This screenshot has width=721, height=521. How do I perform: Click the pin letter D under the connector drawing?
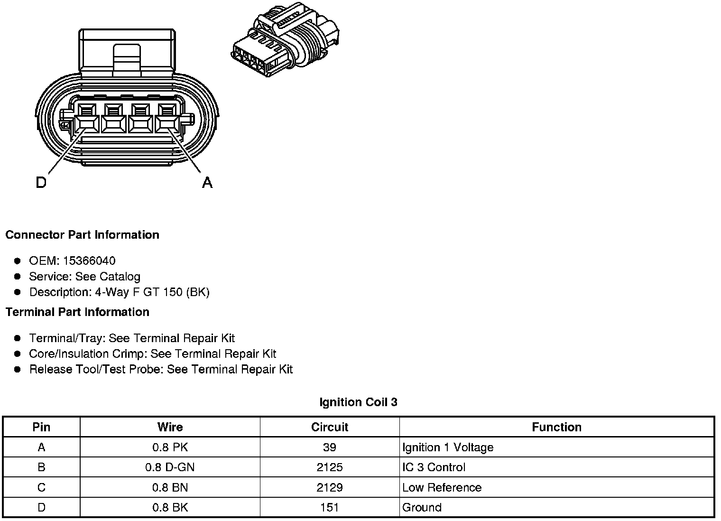pyautogui.click(x=41, y=182)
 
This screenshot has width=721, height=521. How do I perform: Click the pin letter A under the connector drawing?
pyautogui.click(x=207, y=182)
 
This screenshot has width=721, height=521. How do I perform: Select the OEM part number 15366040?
pyautogui.click(x=89, y=261)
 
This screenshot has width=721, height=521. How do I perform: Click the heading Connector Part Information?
pyautogui.click(x=83, y=235)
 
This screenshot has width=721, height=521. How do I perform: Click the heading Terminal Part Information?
pyautogui.click(x=77, y=312)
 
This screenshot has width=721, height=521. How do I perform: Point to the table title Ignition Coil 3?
pyautogui.click(x=359, y=402)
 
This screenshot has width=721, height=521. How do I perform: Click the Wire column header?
pyautogui.click(x=170, y=427)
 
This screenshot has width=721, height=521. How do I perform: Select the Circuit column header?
pyautogui.click(x=330, y=427)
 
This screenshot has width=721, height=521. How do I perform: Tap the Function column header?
pyautogui.click(x=556, y=427)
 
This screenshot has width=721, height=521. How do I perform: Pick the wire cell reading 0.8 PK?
pyautogui.click(x=170, y=447)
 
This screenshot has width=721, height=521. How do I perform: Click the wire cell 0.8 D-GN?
pyautogui.click(x=170, y=467)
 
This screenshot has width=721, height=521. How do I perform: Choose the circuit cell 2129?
pyautogui.click(x=330, y=488)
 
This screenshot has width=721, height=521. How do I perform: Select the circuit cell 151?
pyautogui.click(x=330, y=508)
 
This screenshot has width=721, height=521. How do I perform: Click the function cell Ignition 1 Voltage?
pyautogui.click(x=448, y=447)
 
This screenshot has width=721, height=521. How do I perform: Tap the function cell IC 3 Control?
pyautogui.click(x=434, y=467)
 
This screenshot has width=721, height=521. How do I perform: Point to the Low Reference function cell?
pyautogui.click(x=442, y=488)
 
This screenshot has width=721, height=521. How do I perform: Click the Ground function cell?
pyautogui.click(x=422, y=508)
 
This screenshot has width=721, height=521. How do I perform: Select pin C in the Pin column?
pyautogui.click(x=41, y=488)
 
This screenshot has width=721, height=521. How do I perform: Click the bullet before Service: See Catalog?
pyautogui.click(x=18, y=277)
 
